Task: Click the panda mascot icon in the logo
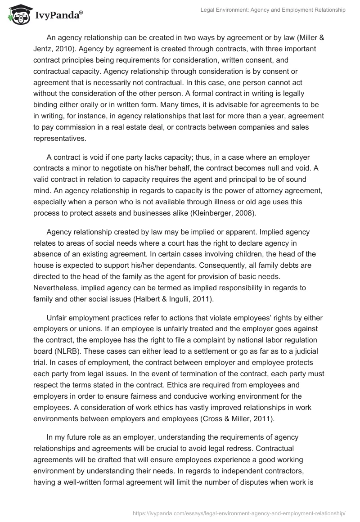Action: point(17,14)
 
